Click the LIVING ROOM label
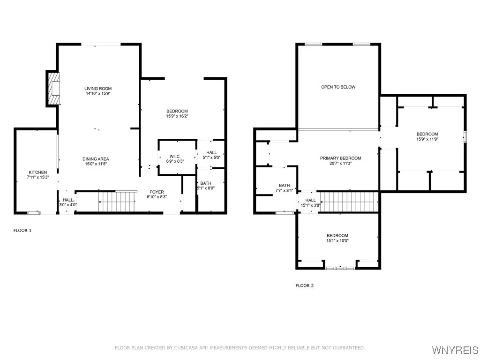pyautogui.click(x=98, y=89)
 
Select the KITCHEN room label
pyautogui.click(x=37, y=172)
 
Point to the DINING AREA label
pyautogui.click(x=96, y=159)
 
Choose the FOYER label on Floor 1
pyautogui.click(x=157, y=192)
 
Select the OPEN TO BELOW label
pyautogui.click(x=338, y=87)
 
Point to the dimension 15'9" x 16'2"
pyautogui.click(x=177, y=116)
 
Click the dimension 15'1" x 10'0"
pyautogui.click(x=337, y=240)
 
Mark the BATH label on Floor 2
pyautogui.click(x=284, y=185)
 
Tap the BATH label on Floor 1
pyautogui.click(x=205, y=183)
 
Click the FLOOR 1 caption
pyautogui.click(x=22, y=231)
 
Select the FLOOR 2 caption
pyautogui.click(x=305, y=285)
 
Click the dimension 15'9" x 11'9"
pyautogui.click(x=427, y=139)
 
